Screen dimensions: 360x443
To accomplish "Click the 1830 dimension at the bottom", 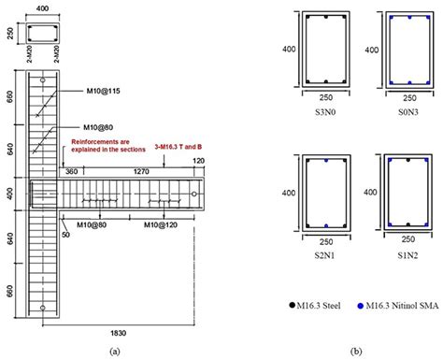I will tap(115, 332).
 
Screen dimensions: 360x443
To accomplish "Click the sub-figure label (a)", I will tap(115, 351).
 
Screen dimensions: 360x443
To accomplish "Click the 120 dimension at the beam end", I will tap(198, 164).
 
